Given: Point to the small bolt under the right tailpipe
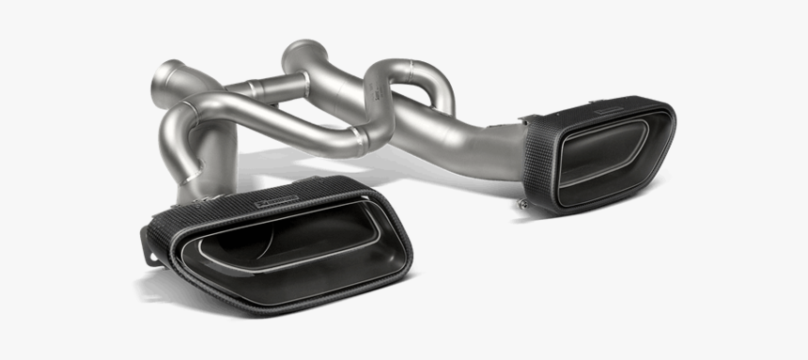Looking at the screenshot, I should [519, 199].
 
